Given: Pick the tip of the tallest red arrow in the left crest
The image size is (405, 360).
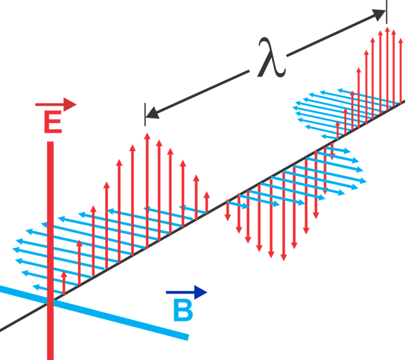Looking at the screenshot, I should coord(147,135).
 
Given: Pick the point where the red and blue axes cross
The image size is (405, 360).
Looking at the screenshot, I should coord(50,303).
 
